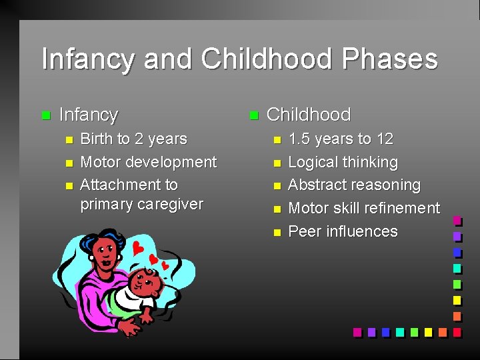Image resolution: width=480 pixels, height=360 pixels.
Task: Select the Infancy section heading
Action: point(89,115)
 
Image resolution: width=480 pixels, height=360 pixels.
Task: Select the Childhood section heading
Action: point(308,115)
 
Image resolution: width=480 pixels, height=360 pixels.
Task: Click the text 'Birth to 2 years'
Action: point(133,139)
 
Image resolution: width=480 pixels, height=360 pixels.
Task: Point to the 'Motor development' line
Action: point(148,162)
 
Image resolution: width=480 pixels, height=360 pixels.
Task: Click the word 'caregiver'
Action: point(171,204)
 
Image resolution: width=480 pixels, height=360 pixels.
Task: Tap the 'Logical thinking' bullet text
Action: point(343,162)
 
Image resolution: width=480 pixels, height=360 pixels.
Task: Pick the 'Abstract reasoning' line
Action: point(354,185)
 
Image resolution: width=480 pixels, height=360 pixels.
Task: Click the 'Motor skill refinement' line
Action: point(363,209)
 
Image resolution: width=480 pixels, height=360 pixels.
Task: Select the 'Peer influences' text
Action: point(343,232)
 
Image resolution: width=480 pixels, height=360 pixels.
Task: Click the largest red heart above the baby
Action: point(139,248)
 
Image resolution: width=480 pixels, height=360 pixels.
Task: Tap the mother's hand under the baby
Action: point(128,326)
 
